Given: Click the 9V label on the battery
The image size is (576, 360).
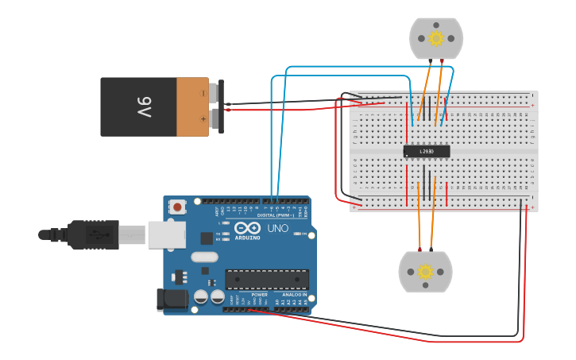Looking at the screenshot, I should (144, 107).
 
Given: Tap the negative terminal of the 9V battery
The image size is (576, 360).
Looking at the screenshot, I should (215, 93).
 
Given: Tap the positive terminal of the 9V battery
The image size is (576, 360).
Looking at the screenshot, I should (215, 119).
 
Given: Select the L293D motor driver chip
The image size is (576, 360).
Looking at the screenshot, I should (427, 151).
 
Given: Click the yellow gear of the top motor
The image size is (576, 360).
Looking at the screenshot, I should (435, 38).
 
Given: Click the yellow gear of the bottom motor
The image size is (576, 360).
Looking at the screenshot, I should (425, 272).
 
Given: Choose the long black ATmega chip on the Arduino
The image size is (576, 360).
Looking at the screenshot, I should (267, 279).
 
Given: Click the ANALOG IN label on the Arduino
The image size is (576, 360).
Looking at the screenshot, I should (295, 295).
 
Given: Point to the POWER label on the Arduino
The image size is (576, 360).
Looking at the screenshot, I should (260, 295).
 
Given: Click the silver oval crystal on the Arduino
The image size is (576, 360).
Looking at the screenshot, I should (204, 257).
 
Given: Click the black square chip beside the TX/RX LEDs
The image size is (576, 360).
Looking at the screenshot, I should (207, 237).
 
